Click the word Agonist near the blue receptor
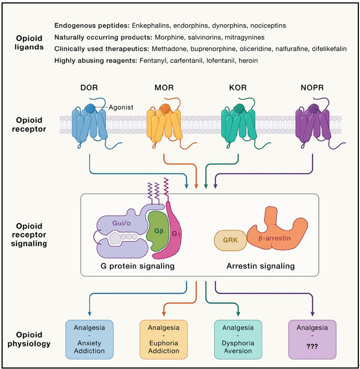coord(121,108)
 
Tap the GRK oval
coord(228,240)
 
